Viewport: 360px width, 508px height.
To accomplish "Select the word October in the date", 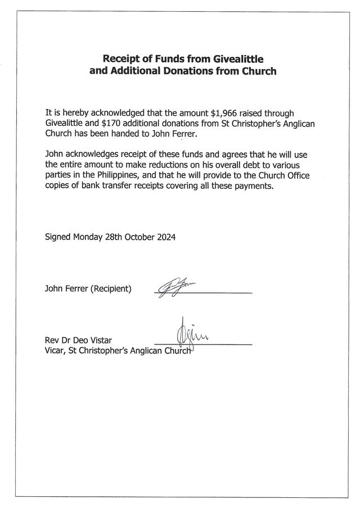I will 137,237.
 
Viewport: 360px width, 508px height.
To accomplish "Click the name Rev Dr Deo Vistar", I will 78,341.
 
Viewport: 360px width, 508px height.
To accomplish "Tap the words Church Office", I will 287,176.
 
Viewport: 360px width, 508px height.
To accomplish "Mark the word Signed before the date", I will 58,237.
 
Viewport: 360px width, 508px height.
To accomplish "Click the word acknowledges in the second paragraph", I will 97,156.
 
